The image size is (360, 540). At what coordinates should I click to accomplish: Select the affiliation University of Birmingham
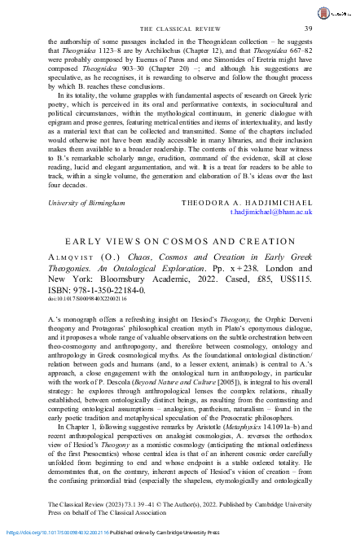[x=82, y=200]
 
